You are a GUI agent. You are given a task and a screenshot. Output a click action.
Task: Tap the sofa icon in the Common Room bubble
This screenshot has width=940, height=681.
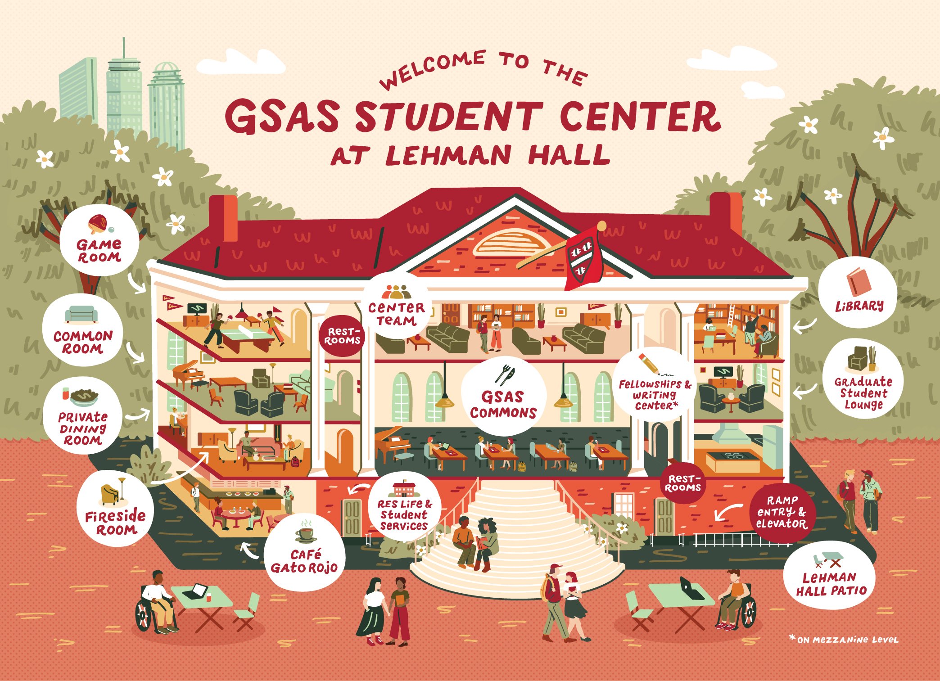click(x=81, y=314)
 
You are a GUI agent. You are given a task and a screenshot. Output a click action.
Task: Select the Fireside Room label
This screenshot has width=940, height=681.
click(x=115, y=522)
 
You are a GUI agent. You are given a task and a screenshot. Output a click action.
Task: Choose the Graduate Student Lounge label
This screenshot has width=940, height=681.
click(x=863, y=393)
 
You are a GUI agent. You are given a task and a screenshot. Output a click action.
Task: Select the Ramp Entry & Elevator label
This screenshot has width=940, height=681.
click(x=782, y=512)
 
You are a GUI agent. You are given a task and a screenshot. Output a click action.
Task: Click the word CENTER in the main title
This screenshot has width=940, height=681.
click(x=640, y=117)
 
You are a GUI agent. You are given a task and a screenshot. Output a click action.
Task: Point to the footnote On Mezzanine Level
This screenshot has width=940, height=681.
click(x=844, y=639)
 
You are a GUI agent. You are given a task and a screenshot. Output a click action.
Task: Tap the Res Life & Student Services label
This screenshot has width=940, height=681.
click(x=404, y=514)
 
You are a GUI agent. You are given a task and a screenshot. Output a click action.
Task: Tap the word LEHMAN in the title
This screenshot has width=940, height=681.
click(x=448, y=155)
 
